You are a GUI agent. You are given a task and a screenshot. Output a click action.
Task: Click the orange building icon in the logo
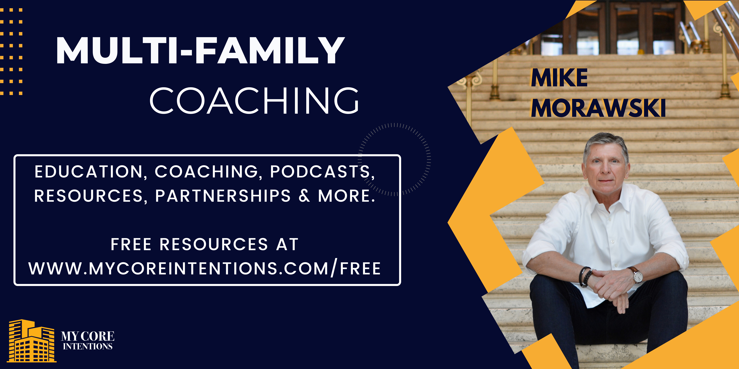coord(32,341)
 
